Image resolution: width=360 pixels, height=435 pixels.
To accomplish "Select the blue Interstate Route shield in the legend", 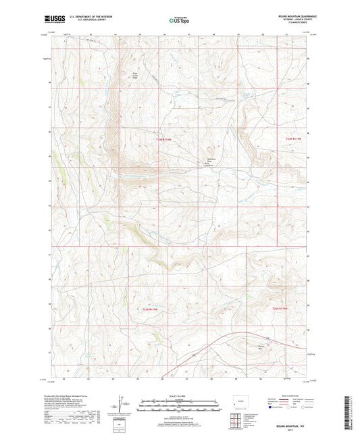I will pyautogui.click(x=271, y=407).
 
